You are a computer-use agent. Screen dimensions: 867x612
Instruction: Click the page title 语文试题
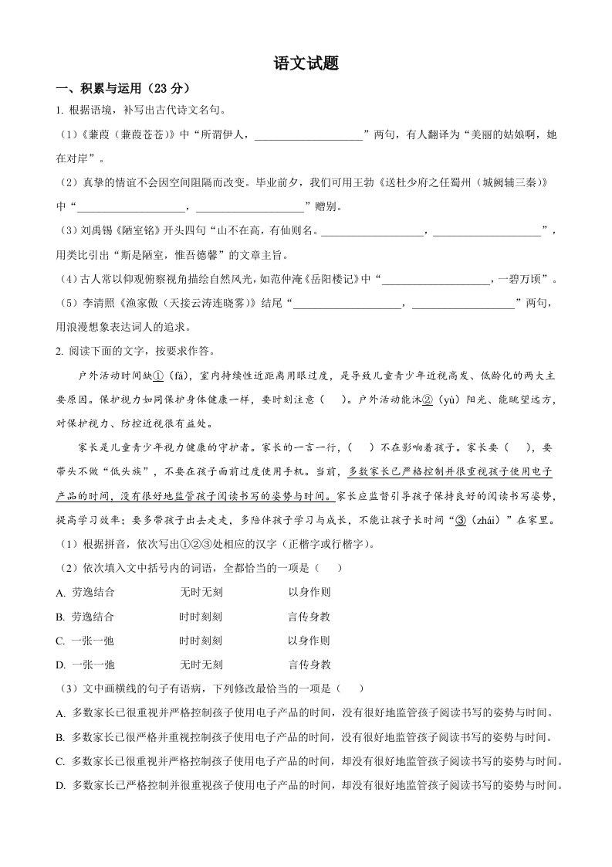click(306, 64)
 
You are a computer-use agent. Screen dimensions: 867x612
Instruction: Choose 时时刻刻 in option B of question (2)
click(201, 617)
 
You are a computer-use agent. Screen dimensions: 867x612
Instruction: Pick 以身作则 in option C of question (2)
click(309, 641)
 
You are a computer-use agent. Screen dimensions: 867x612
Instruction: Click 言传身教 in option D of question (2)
click(309, 665)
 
